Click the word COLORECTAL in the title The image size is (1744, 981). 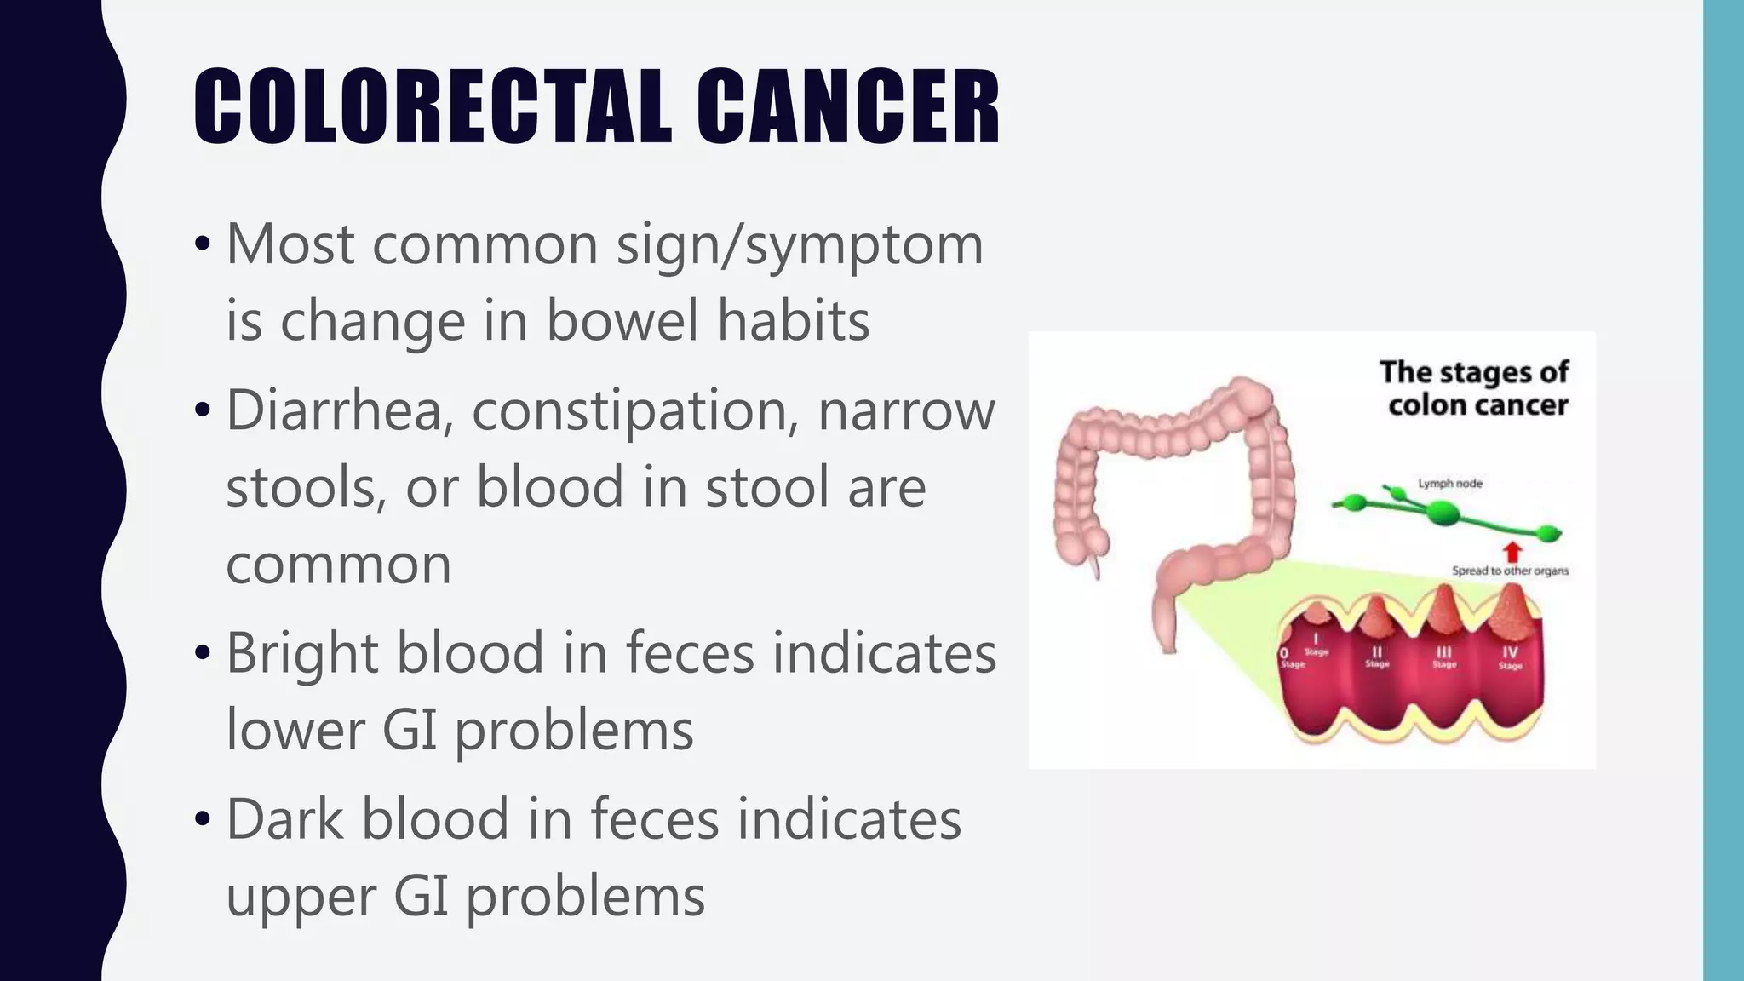pyautogui.click(x=433, y=107)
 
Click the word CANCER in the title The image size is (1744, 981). pyautogui.click(x=848, y=107)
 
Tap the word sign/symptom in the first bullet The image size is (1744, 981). pyautogui.click(x=800, y=245)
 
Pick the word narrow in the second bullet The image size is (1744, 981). pyautogui.click(x=906, y=410)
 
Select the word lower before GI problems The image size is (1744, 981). pyautogui.click(x=295, y=730)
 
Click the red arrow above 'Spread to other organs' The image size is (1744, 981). pyautogui.click(x=1512, y=551)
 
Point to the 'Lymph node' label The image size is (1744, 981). pyautogui.click(x=1449, y=484)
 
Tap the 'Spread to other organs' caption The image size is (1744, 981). pyautogui.click(x=1510, y=571)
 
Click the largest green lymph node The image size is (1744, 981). pyautogui.click(x=1443, y=512)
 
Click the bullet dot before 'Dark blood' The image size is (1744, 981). pyautogui.click(x=202, y=819)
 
